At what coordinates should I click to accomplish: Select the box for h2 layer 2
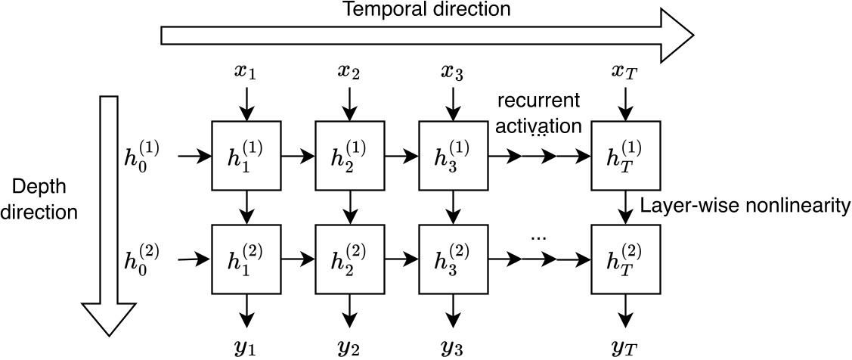click(x=349, y=259)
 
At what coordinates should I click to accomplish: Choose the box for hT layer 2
click(x=624, y=259)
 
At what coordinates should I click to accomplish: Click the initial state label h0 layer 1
click(x=144, y=156)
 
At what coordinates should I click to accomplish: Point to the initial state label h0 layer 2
click(x=144, y=259)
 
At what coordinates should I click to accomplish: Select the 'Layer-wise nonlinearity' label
click(x=745, y=205)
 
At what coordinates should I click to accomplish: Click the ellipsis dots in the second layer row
click(x=538, y=237)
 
